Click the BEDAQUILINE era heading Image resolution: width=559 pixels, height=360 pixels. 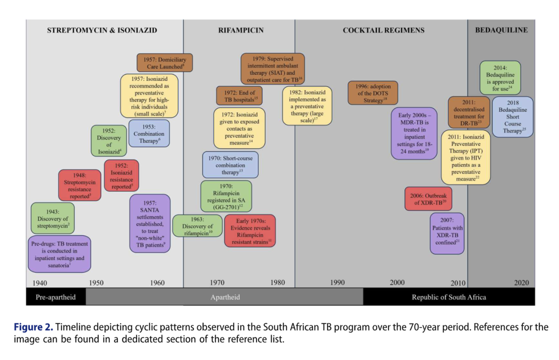501,31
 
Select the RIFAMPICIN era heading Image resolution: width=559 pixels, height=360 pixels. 241,31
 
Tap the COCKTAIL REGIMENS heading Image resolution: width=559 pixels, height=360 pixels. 384,31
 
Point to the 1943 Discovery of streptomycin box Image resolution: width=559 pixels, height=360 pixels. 53,219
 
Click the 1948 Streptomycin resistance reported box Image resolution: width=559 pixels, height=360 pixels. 80,185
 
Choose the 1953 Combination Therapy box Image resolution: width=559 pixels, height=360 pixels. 149,134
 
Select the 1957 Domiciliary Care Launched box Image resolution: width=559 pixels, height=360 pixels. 165,63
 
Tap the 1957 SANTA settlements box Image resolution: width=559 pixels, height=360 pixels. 150,224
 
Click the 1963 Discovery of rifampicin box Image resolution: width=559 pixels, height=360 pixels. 198,226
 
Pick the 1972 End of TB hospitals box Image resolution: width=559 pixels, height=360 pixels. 239,96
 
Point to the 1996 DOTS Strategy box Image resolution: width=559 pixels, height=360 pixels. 373,93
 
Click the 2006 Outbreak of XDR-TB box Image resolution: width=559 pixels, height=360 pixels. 428,199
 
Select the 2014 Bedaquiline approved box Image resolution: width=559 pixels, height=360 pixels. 500,78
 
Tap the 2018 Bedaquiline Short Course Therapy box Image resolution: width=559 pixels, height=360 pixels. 512,117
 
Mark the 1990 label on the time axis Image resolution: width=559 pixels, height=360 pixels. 337,283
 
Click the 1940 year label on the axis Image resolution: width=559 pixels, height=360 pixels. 39,283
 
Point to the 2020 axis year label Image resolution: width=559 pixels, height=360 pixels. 521,283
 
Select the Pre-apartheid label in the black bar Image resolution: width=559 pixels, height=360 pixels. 55,297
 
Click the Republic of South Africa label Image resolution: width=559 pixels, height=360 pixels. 449,297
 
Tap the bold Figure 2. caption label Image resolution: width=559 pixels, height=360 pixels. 33,327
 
